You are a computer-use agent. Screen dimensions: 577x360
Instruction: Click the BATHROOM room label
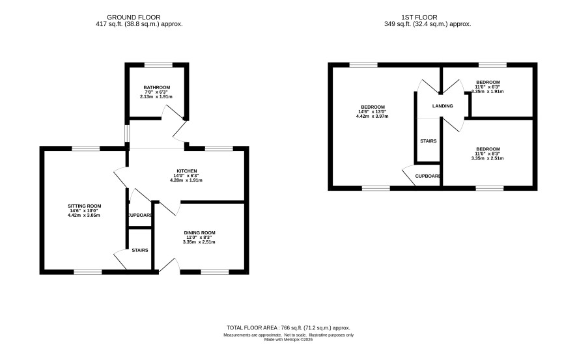tap(157, 87)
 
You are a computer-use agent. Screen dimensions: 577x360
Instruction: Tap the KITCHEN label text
tap(187, 171)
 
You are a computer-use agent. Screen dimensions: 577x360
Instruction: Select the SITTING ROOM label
tap(84, 206)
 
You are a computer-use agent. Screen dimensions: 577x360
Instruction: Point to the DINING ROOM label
tap(199, 233)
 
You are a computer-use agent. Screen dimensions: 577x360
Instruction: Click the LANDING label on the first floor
tap(443, 106)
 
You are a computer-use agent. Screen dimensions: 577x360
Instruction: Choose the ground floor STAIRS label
tap(140, 250)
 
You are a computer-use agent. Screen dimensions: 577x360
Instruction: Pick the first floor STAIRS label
tap(429, 141)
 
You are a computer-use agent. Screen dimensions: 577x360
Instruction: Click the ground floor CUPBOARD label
tap(140, 215)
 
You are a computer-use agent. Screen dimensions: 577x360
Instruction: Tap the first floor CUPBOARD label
tap(428, 176)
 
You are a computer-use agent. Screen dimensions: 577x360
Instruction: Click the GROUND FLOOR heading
tap(134, 18)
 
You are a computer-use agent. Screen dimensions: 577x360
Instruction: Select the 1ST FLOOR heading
tap(419, 18)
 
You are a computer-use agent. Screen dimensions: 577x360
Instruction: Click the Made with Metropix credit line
tap(288, 340)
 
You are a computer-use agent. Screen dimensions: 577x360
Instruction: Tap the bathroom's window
tap(158, 65)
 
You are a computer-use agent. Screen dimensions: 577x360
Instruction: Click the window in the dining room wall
tap(215, 272)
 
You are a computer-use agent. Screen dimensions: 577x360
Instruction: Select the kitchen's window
tap(219, 148)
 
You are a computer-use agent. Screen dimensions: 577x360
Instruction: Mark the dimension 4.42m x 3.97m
tap(372, 116)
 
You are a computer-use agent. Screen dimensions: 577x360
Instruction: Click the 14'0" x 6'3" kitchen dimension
tap(186, 176)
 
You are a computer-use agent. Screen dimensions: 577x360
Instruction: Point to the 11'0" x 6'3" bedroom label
tap(488, 87)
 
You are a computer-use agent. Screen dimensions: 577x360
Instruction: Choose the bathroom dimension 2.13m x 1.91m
tap(156, 97)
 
